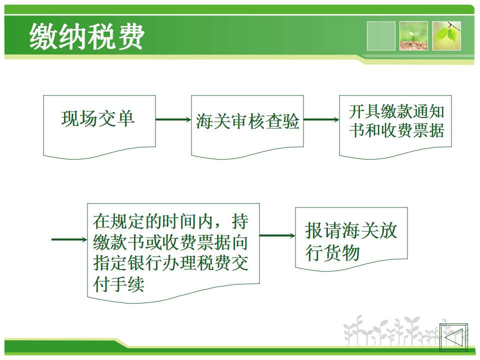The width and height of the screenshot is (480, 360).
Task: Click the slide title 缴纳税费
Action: coord(87,36)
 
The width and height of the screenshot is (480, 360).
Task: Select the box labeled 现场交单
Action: coord(99,126)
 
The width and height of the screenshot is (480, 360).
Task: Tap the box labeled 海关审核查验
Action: coord(247,126)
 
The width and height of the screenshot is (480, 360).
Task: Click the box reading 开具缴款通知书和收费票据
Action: coord(395,126)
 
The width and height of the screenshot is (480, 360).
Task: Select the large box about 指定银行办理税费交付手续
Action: coord(173,253)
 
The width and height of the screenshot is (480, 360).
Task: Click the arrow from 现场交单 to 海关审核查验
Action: coord(173,119)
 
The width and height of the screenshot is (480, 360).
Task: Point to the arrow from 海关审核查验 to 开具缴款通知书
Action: coord(321,119)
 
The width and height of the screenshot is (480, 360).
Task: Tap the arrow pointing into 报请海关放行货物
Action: coord(277,235)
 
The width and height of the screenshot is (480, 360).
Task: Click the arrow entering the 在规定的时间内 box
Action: coord(69,239)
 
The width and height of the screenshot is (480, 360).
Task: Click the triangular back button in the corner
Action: coord(453,337)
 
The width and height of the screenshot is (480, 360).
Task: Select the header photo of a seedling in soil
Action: coord(413,36)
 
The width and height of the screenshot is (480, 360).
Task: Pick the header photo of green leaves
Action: coord(446,36)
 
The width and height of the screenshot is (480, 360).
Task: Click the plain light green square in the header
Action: coord(381,36)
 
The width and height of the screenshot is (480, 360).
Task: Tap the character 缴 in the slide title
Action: coord(43,36)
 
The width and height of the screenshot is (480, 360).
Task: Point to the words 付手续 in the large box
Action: coord(119,284)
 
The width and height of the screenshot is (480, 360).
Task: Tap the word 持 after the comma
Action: coord(240,221)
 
